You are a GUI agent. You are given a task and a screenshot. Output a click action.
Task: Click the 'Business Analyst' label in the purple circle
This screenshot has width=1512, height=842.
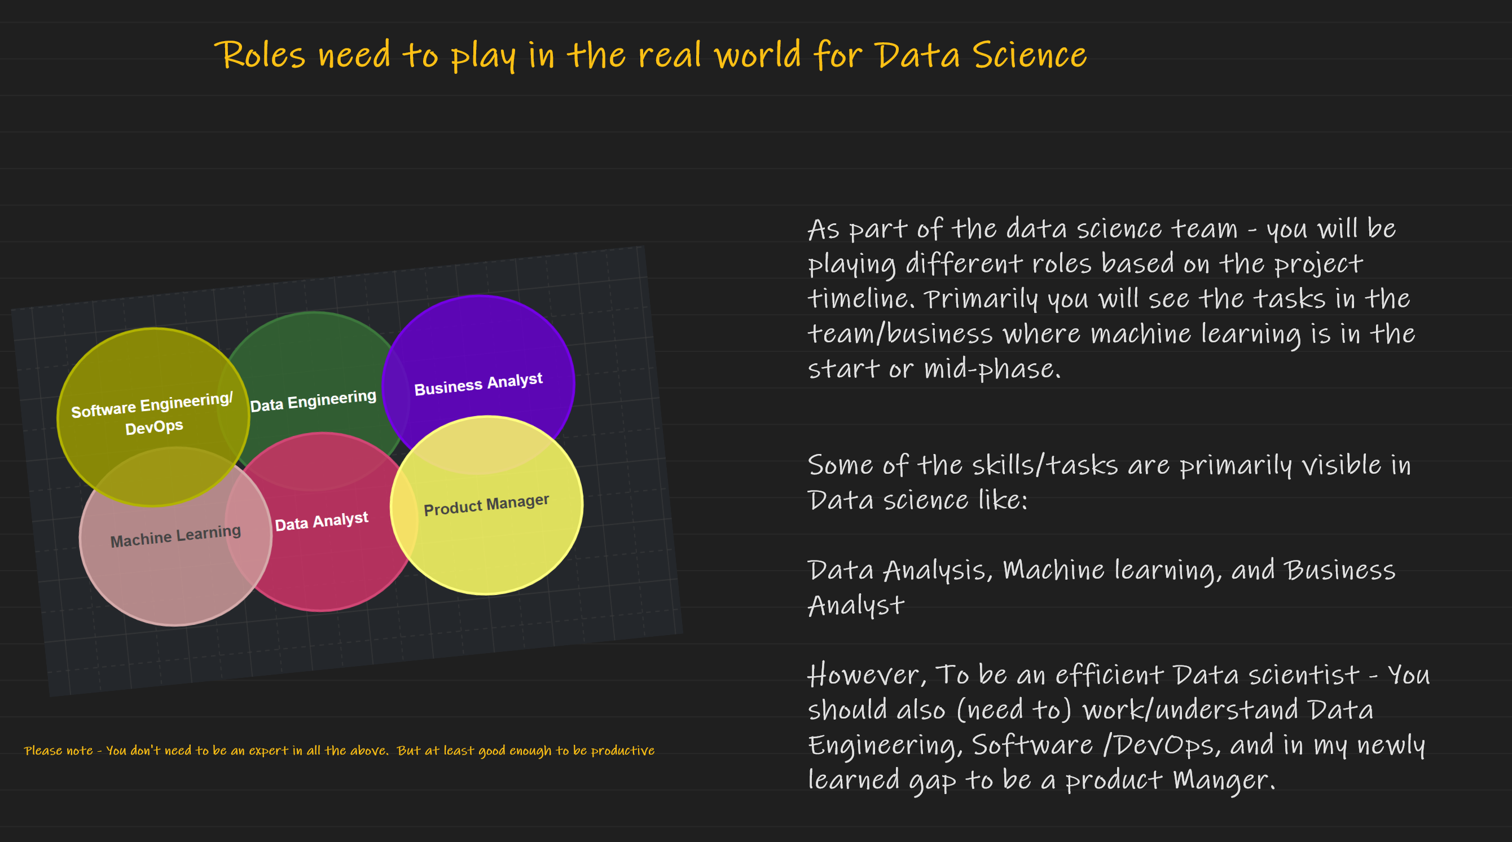tap(478, 384)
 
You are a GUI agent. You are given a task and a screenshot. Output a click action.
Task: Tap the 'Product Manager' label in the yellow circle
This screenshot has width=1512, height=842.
tap(486, 505)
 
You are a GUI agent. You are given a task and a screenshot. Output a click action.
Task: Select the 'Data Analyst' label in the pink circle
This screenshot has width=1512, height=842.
tap(322, 521)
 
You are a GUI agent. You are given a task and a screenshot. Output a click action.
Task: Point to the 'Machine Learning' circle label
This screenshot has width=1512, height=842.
tap(175, 536)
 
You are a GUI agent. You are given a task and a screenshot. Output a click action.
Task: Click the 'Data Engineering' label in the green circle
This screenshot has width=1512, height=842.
tap(313, 402)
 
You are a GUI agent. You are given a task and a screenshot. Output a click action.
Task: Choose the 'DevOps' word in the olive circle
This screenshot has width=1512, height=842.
tap(155, 426)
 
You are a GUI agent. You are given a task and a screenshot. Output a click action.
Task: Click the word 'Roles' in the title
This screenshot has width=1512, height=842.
tap(260, 56)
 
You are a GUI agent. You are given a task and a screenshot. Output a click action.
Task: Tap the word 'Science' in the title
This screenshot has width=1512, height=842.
tap(1030, 56)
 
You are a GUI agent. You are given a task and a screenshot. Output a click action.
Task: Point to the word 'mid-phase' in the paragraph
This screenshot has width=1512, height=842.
tap(992, 369)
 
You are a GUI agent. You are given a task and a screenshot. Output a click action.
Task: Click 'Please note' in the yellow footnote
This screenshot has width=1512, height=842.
tap(58, 751)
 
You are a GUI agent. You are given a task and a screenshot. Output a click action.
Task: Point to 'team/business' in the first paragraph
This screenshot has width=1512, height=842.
tap(900, 334)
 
